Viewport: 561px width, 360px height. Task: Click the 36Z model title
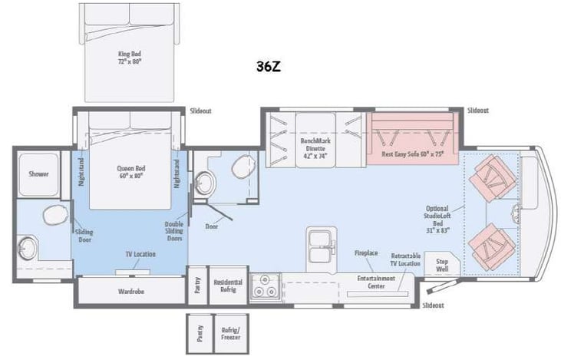click(269, 67)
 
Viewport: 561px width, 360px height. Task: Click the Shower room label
click(39, 174)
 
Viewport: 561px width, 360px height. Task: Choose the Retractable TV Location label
click(404, 259)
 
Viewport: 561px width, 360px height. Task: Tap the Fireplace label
click(365, 253)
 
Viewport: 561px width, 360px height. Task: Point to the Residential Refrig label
click(228, 286)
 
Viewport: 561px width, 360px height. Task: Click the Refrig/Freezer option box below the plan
click(228, 333)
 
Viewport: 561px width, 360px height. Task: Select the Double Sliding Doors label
click(173, 231)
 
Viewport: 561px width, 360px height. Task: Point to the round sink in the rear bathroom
click(28, 247)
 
